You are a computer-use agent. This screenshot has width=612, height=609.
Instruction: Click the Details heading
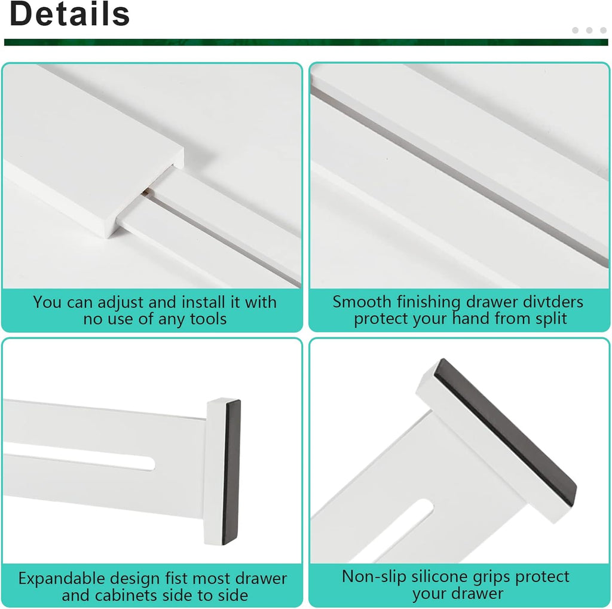tap(70, 14)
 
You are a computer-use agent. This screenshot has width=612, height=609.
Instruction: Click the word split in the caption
tap(547, 319)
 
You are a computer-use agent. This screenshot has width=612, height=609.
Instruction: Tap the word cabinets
tap(127, 595)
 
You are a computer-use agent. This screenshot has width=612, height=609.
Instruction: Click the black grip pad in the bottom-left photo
tap(232, 472)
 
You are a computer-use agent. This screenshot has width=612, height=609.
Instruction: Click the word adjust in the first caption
tap(122, 302)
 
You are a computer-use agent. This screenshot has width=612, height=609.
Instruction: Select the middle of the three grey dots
tap(589, 30)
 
